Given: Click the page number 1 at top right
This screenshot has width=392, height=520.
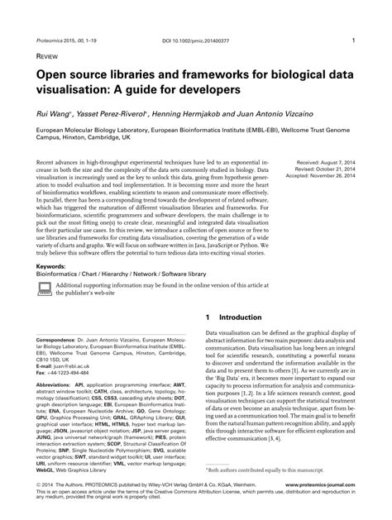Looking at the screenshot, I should pyautogui.click(x=353, y=39).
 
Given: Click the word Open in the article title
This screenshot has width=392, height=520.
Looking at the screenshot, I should pyautogui.click(x=51, y=75).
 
